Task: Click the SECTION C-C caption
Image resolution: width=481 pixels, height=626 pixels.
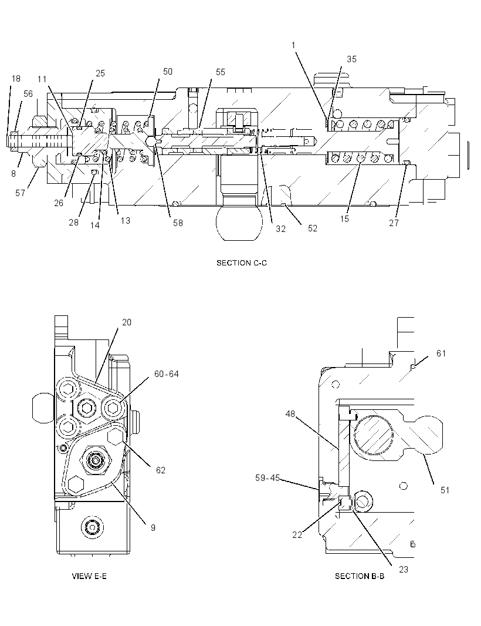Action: (242, 262)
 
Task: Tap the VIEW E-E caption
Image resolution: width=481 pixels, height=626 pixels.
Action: (89, 575)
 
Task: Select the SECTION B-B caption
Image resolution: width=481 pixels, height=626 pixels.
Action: (360, 575)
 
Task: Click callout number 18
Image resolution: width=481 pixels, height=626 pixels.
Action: (16, 78)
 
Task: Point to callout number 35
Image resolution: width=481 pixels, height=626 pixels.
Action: (351, 59)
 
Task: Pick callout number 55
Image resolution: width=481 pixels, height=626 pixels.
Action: (221, 72)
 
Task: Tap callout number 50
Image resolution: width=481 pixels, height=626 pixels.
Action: (168, 72)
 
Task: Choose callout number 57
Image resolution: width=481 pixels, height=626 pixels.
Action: (21, 193)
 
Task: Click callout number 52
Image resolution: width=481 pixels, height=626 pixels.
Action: (313, 228)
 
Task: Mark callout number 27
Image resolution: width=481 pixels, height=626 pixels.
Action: (394, 223)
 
